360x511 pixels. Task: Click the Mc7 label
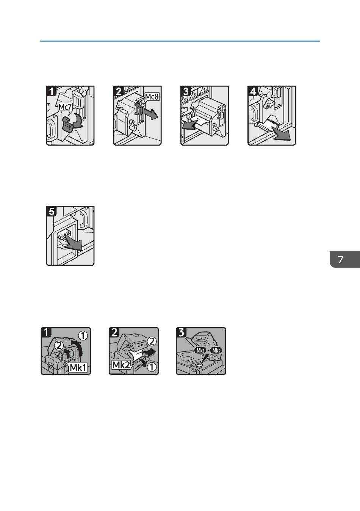point(65,107)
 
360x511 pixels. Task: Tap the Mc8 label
point(152,97)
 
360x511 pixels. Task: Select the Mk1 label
point(78,367)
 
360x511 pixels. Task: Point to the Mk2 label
point(121,365)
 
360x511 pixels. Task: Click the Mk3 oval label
point(200,350)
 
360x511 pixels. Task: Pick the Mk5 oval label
point(216,350)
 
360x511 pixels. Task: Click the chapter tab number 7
point(340,259)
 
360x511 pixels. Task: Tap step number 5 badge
point(51,211)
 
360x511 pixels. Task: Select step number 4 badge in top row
point(253,91)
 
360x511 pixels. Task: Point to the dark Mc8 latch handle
point(138,109)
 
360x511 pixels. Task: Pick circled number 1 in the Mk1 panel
point(83,335)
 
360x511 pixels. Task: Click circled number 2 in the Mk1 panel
point(59,346)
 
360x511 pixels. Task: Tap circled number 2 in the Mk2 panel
point(152,341)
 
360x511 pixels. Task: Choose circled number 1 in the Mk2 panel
point(152,367)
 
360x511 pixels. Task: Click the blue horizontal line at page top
point(180,41)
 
